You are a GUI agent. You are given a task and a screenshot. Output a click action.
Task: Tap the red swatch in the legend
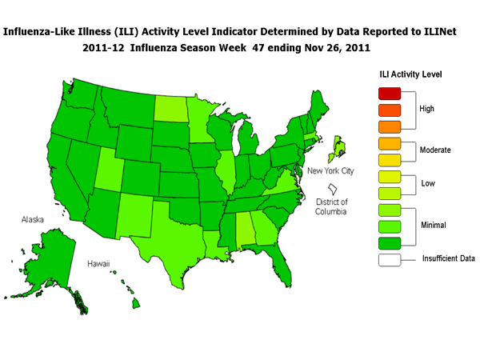pyautogui.click(x=386, y=91)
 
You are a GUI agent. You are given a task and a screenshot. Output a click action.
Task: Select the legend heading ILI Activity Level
pyautogui.click(x=410, y=74)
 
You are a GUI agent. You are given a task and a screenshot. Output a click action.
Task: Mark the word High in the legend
pyautogui.click(x=428, y=109)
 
